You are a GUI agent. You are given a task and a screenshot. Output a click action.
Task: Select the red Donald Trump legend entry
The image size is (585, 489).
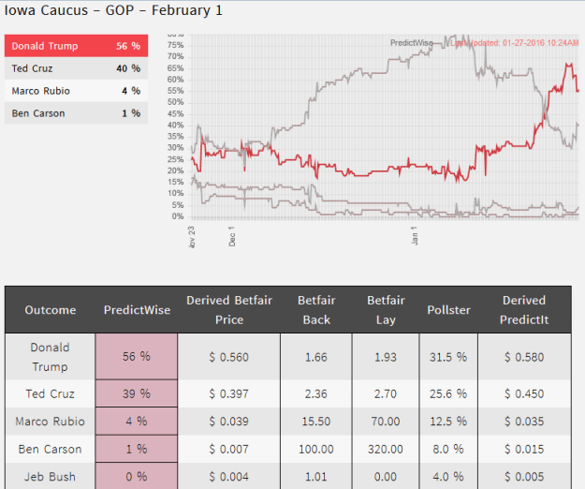[76, 46]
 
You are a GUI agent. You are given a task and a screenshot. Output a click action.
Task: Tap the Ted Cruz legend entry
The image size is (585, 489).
[76, 68]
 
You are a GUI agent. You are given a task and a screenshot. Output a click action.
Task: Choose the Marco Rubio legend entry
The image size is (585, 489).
[76, 91]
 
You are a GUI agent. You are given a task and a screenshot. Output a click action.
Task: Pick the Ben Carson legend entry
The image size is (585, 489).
[76, 113]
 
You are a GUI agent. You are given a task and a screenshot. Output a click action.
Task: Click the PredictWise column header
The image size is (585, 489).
[137, 309]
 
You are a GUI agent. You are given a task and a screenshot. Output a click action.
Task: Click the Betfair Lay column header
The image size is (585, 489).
[386, 309]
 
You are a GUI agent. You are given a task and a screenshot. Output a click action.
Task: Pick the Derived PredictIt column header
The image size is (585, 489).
[523, 309]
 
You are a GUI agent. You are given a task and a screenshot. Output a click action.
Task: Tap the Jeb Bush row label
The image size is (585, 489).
[50, 477]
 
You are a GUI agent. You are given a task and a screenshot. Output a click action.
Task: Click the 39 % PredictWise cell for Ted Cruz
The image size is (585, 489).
[137, 393]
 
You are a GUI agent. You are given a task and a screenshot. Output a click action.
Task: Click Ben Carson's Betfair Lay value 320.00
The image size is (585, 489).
[386, 450]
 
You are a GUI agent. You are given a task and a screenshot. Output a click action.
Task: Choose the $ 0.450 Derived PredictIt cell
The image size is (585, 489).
[523, 393]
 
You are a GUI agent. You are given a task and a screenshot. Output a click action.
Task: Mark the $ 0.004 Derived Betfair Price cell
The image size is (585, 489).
[228, 477]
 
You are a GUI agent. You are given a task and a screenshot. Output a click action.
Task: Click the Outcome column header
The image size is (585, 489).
[50, 309]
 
